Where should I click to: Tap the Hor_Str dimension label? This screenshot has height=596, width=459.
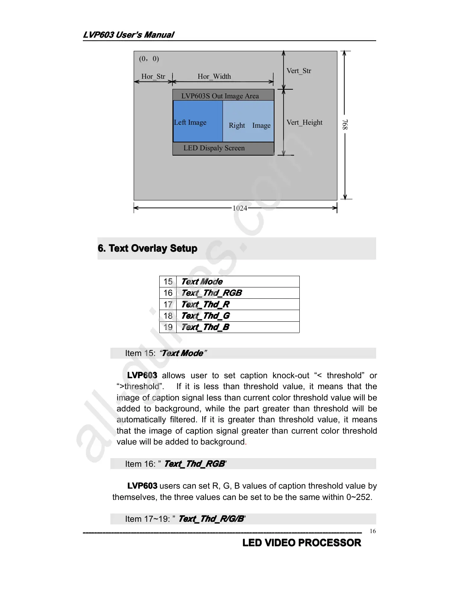coord(153,76)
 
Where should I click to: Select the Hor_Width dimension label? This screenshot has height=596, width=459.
coord(214,76)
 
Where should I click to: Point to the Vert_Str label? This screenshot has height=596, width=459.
coord(299,71)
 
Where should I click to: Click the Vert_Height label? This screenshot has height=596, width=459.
coord(304,122)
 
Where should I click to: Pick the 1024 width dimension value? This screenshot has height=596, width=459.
coord(240,208)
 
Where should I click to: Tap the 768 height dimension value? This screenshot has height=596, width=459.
coord(345,124)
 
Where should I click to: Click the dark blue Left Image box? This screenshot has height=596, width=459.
coord(198,121)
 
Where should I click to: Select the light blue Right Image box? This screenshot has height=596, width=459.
coord(249,121)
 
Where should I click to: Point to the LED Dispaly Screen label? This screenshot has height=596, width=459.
coord(214,148)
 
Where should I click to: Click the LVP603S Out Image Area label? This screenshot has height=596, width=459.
coord(220,96)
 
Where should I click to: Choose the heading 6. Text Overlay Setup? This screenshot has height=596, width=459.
coord(147,248)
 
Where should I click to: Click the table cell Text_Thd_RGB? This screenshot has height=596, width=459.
coord(211,293)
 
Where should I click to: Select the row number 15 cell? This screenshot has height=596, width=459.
coord(168,282)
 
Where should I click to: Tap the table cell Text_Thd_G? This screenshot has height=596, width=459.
coord(205,316)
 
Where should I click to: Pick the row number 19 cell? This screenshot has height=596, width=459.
coord(168,327)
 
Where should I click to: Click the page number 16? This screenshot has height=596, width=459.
coord(372,531)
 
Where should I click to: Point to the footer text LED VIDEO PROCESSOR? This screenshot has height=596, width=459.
coord(302,543)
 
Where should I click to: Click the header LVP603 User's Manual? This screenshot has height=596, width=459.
coord(128,35)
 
